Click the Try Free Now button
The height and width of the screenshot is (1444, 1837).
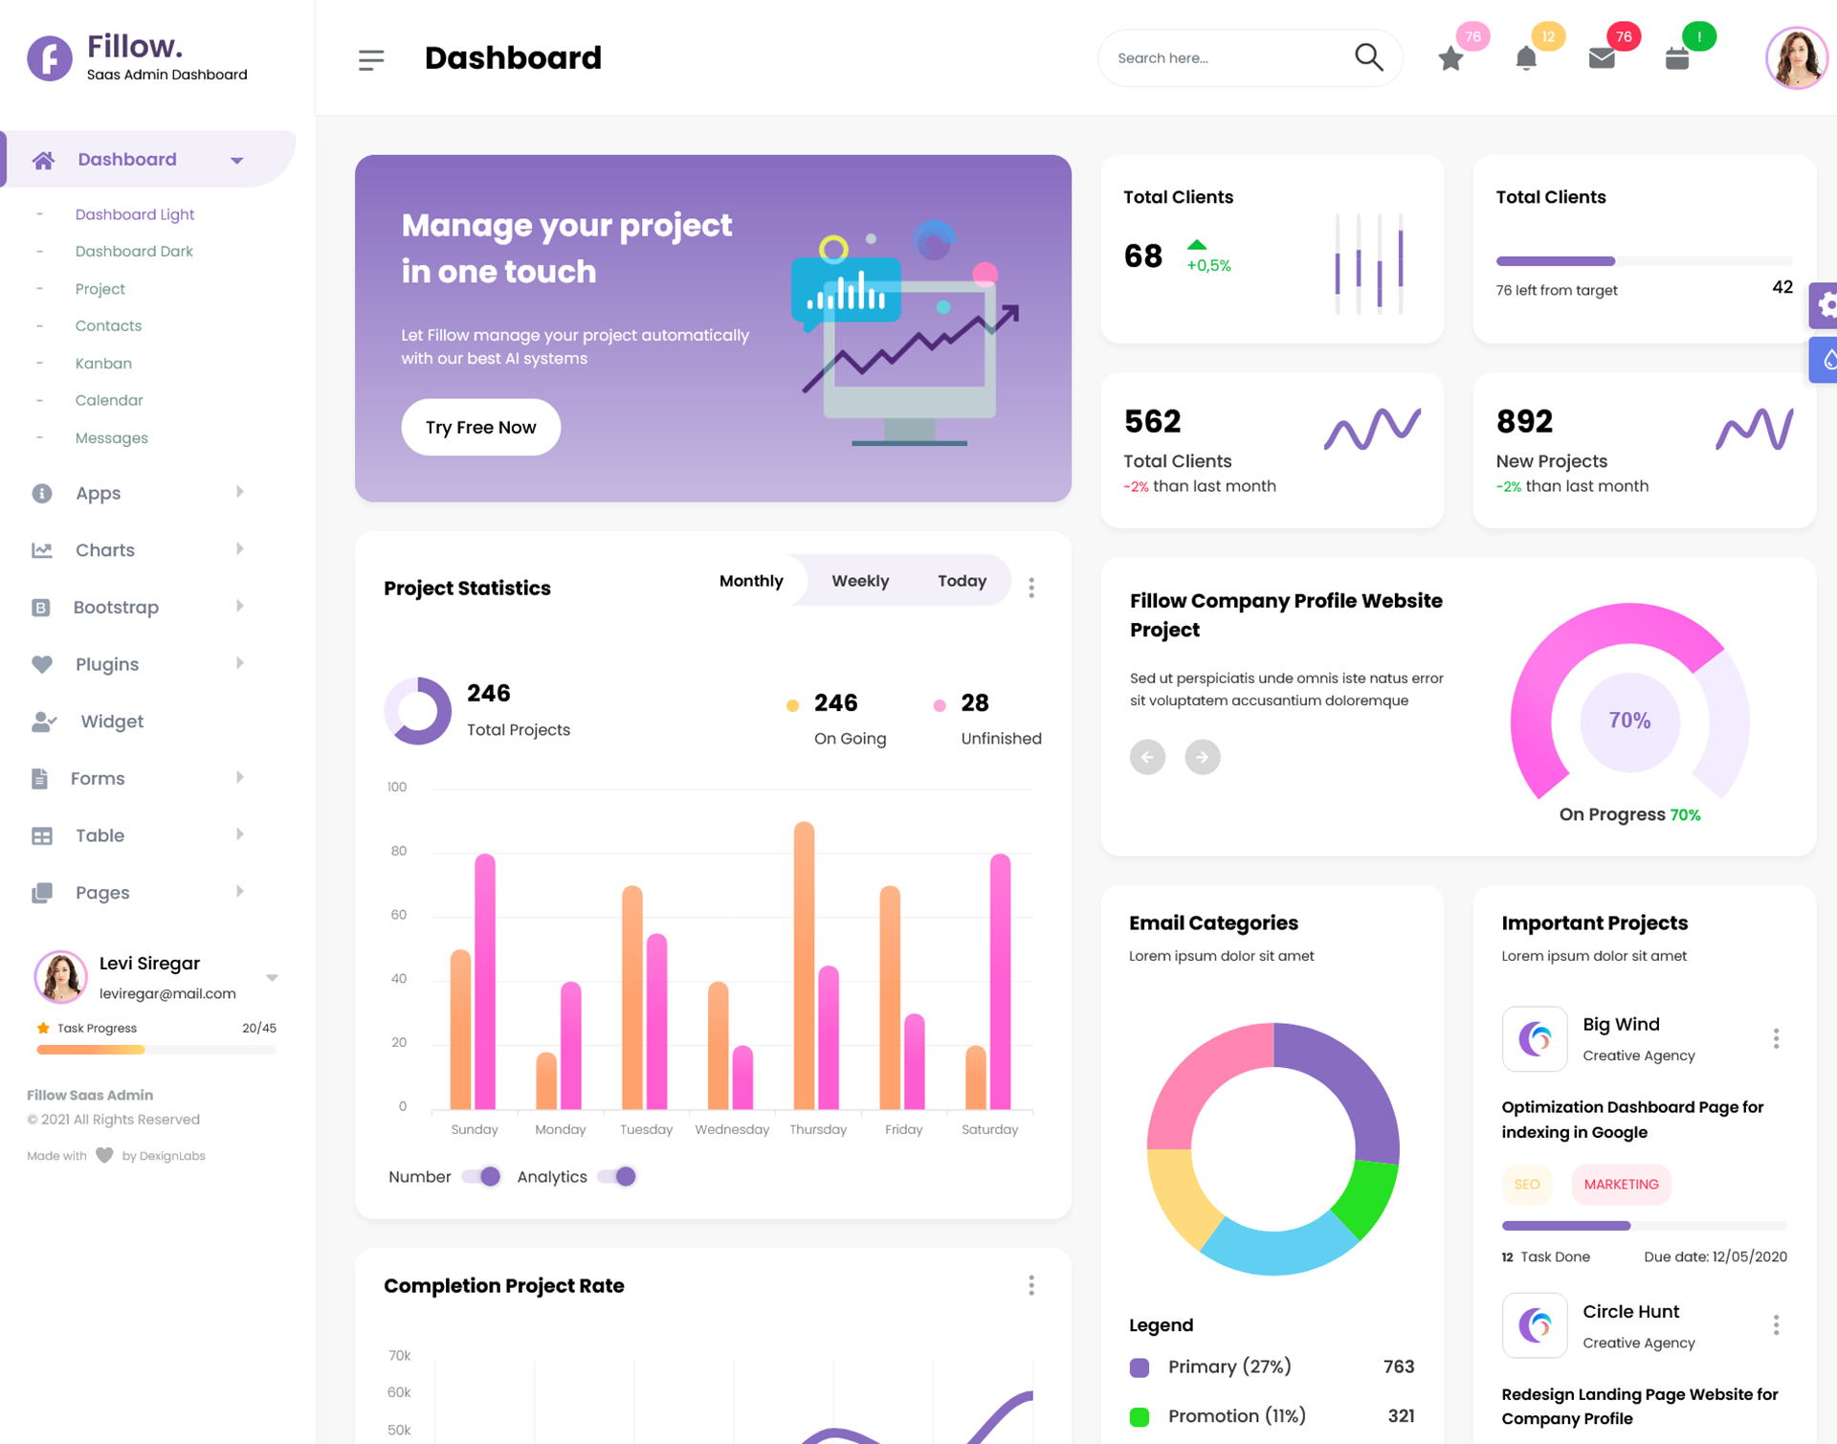[x=480, y=427]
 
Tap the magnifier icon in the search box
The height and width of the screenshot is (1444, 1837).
[x=1368, y=57]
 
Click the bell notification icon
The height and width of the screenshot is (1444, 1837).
[x=1526, y=59]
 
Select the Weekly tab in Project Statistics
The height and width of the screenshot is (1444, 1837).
[x=859, y=581]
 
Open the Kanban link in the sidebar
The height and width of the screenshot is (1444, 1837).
[x=103, y=363]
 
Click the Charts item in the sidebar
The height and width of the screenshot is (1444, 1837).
[x=105, y=550]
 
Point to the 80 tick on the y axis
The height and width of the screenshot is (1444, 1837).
[x=399, y=851]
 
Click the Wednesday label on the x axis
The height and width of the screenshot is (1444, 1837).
[x=732, y=1129]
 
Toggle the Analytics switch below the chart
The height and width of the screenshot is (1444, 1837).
[x=618, y=1176]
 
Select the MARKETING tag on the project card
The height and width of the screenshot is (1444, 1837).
[x=1621, y=1184]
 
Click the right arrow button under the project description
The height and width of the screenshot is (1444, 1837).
[x=1202, y=757]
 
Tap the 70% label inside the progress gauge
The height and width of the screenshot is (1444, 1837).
[x=1629, y=721]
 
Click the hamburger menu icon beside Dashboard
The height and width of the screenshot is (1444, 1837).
[x=371, y=59]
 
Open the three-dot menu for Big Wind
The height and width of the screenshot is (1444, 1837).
[x=1776, y=1038]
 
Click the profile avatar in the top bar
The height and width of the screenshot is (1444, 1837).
[x=1795, y=57]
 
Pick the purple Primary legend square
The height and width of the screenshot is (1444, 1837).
[x=1139, y=1366]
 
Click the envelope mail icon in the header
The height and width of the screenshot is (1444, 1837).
[x=1601, y=59]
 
